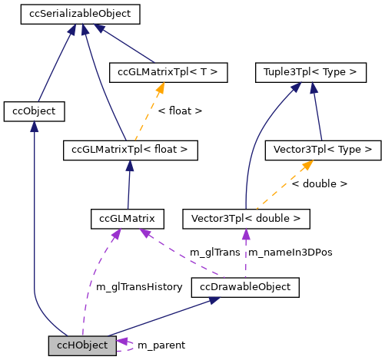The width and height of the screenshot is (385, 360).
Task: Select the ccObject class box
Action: tap(34, 111)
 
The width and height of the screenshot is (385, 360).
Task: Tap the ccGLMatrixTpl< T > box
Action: tap(168, 72)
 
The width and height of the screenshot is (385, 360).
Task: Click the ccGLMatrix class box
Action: tap(127, 219)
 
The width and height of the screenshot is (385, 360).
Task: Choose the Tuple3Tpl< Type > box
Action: tap(310, 72)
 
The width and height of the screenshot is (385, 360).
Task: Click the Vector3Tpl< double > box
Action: tap(246, 219)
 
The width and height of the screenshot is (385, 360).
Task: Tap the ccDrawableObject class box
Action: tap(244, 288)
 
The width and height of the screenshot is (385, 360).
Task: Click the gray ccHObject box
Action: tap(82, 345)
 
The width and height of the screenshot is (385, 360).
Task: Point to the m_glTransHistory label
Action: tap(138, 287)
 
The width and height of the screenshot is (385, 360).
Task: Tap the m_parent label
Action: tap(161, 345)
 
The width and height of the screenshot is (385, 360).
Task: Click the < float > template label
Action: tap(180, 111)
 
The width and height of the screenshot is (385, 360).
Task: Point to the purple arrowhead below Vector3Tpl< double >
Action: tap(245, 234)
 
